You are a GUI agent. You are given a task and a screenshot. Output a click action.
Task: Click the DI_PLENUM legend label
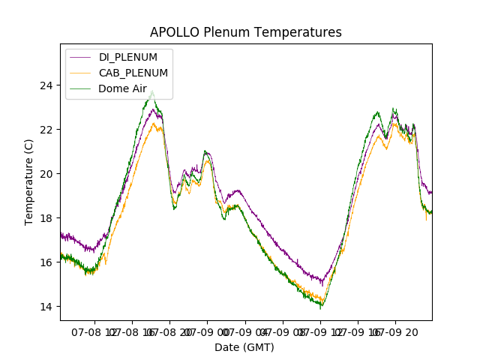128,57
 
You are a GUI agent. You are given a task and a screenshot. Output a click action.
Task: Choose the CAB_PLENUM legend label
133,73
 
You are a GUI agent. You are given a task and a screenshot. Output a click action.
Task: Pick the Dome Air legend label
122,88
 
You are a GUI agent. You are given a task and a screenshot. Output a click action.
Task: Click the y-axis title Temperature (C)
29,182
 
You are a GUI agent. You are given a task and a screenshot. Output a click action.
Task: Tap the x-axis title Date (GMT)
244,347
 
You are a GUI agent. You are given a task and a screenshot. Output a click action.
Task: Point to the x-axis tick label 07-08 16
132,331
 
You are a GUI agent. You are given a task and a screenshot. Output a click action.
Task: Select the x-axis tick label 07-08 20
169,331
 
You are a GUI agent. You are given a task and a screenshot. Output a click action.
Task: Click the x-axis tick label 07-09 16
358,331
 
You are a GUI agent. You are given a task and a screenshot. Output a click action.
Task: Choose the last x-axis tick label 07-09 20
396,331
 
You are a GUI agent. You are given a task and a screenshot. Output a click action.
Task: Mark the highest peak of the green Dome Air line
153,91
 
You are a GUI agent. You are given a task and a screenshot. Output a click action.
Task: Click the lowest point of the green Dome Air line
321,308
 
